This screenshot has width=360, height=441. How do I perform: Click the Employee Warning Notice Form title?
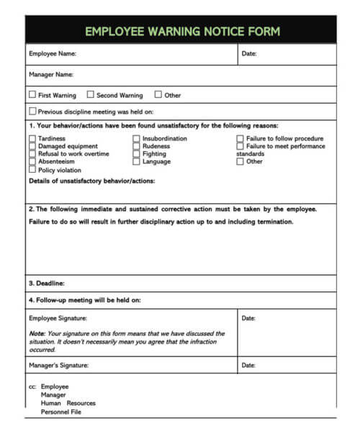182,31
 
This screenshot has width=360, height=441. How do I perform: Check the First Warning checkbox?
32,94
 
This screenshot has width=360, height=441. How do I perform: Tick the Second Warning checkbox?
91,94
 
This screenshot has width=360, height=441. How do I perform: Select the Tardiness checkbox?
32,138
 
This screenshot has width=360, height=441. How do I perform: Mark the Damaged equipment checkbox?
32,146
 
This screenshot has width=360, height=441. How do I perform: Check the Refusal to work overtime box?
32,154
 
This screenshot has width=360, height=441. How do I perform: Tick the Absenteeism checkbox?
32,162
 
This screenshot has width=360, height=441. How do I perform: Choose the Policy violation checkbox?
32,170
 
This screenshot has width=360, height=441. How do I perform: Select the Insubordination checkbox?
136,138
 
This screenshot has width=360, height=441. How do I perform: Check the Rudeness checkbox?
136,146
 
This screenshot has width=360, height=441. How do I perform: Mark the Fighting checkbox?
136,154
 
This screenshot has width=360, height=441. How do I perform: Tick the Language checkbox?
136,162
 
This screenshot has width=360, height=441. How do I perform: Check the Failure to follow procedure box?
240,138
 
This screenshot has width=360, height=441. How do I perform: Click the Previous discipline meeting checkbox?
32,112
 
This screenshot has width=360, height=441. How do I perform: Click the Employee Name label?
52,54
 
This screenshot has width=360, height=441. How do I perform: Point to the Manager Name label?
50,74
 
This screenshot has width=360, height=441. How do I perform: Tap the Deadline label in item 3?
47,283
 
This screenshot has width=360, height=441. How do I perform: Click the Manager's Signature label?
58,365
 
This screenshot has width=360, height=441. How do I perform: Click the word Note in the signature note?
37,334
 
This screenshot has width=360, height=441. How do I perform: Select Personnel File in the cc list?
61,412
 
